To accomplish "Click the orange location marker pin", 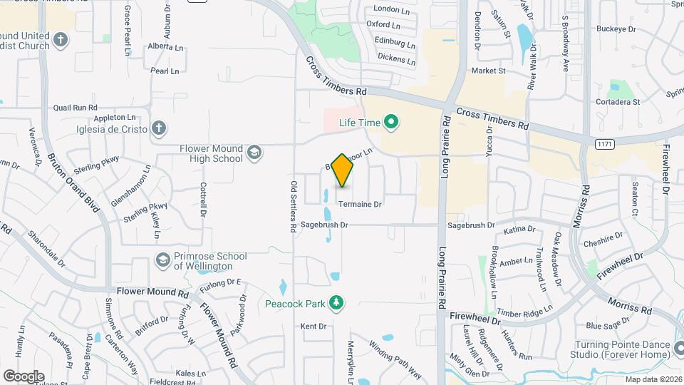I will tap(343, 170).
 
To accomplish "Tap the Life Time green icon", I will tap(390, 123).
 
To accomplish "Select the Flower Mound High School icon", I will tap(254, 152).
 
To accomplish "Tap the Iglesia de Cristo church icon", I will tap(159, 129).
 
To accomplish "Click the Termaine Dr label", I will tap(361, 205).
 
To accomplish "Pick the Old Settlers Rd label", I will tap(294, 207).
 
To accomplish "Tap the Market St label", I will tap(488, 71).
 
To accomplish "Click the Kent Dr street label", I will tap(313, 327).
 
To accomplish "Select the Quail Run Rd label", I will tap(75, 108).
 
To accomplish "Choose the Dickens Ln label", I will tap(396, 58).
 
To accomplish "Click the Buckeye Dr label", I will tap(616, 29).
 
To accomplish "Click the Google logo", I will tap(24, 376).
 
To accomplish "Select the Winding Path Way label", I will tap(395, 361).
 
